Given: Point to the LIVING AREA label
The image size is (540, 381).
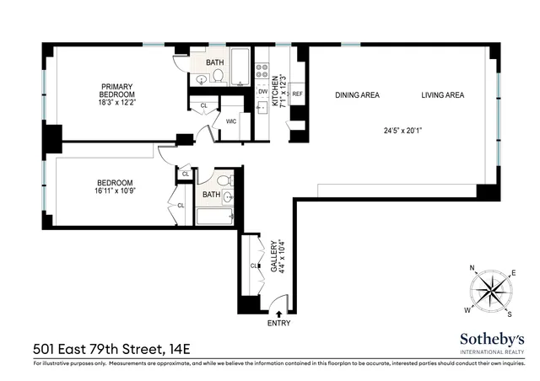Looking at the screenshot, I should pyautogui.click(x=443, y=95).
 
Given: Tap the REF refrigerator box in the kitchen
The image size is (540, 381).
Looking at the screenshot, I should pyautogui.click(x=297, y=94).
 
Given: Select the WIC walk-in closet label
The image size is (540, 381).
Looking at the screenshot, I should pyautogui.click(x=230, y=121).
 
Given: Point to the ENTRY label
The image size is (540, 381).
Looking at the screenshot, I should pyautogui.click(x=278, y=323).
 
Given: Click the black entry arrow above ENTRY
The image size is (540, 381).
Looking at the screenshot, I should pyautogui.click(x=278, y=313).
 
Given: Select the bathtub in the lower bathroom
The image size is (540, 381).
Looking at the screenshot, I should pyautogui.click(x=214, y=217).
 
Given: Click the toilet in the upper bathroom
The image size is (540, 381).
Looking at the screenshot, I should pyautogui.click(x=217, y=76).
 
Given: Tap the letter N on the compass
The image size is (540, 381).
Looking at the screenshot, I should pyautogui.click(x=472, y=269).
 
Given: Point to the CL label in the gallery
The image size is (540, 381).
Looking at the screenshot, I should pyautogui.click(x=254, y=266).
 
